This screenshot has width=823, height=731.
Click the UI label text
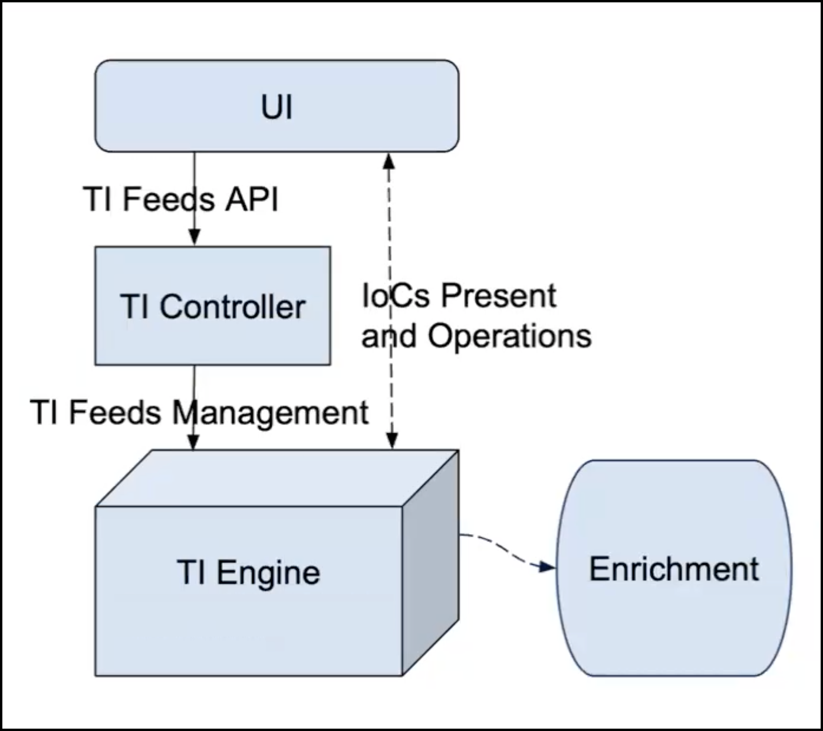pyautogui.click(x=276, y=107)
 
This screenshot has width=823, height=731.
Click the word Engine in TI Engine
pyautogui.click(x=268, y=573)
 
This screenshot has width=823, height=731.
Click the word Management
pyautogui.click(x=270, y=413)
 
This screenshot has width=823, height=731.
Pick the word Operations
pyautogui.click(x=509, y=336)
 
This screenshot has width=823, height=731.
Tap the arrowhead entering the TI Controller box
pyautogui.click(x=194, y=238)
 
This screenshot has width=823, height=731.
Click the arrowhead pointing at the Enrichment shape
pyautogui.click(x=548, y=567)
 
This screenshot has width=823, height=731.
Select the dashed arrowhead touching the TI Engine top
pyautogui.click(x=392, y=440)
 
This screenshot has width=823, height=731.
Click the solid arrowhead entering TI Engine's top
pyautogui.click(x=193, y=442)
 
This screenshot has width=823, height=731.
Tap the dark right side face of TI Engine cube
pyautogui.click(x=430, y=566)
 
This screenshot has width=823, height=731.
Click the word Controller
pyautogui.click(x=232, y=307)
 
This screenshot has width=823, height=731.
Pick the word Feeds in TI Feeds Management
pyautogui.click(x=114, y=412)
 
